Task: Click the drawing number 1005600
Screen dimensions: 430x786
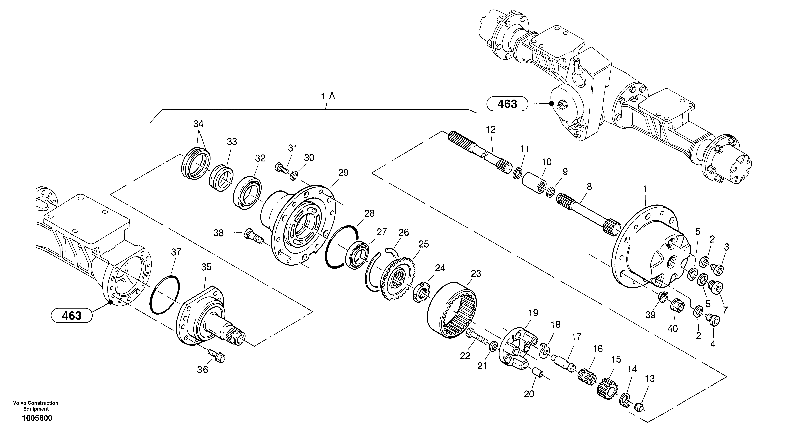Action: [37, 418]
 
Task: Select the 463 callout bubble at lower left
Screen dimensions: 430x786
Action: [72, 315]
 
